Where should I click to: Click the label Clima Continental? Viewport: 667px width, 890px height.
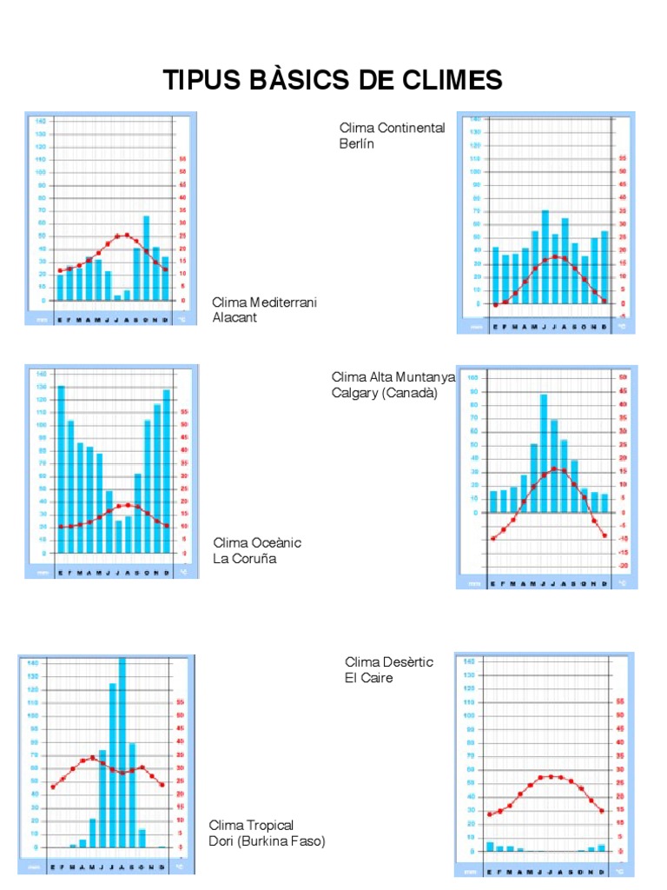coord(392,128)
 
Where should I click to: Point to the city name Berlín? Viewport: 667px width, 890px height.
coord(356,143)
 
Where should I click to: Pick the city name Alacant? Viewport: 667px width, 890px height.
coord(234,317)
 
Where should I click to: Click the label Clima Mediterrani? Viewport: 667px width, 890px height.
coord(265,302)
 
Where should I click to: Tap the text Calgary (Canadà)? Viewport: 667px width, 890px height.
coord(385,392)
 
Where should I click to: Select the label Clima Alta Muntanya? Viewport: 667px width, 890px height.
coord(393,376)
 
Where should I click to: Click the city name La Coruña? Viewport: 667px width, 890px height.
coord(244,558)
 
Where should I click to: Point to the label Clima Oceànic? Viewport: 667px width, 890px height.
coord(257,542)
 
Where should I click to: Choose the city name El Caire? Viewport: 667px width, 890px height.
coord(368,677)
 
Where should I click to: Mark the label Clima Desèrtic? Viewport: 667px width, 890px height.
coord(388,661)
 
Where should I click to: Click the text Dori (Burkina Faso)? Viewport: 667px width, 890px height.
coord(267,840)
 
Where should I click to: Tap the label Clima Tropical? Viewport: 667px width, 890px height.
coord(251,825)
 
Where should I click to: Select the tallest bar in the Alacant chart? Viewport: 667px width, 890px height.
coord(147,258)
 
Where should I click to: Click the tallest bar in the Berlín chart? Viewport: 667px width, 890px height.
coord(545,257)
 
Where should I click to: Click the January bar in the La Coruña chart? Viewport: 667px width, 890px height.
coord(61,469)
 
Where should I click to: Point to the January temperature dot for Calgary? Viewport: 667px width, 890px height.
coord(493,539)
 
